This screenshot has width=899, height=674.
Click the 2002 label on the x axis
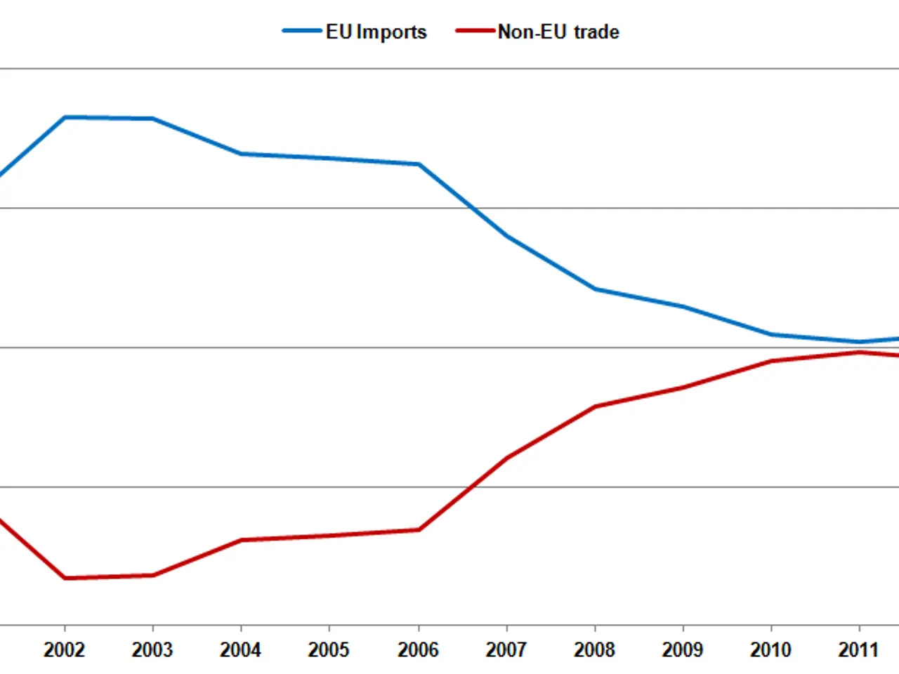tap(64, 649)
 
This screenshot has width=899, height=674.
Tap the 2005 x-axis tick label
tap(329, 649)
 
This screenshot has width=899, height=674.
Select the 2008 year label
tap(594, 649)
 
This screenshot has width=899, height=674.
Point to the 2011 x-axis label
tap(858, 649)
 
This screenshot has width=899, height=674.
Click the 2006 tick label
tap(418, 649)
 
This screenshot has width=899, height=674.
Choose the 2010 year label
tap(770, 649)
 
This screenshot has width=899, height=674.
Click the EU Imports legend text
tap(376, 32)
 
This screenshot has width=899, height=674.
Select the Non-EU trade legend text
tap(558, 32)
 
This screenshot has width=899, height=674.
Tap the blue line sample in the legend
tap(302, 31)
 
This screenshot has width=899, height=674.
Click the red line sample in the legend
tap(475, 31)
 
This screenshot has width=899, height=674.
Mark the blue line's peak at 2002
tap(65, 117)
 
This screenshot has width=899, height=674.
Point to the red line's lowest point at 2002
tap(65, 578)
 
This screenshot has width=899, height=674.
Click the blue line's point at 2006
tap(419, 164)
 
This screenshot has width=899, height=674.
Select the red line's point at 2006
tap(419, 529)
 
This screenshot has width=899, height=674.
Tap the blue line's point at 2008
tap(595, 289)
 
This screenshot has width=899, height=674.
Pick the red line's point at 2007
tap(507, 458)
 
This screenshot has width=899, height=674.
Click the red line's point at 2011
tap(859, 352)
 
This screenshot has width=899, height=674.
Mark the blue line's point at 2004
tap(241, 154)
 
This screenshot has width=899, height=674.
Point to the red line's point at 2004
tap(241, 540)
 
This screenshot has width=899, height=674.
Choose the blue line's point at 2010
tap(771, 334)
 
